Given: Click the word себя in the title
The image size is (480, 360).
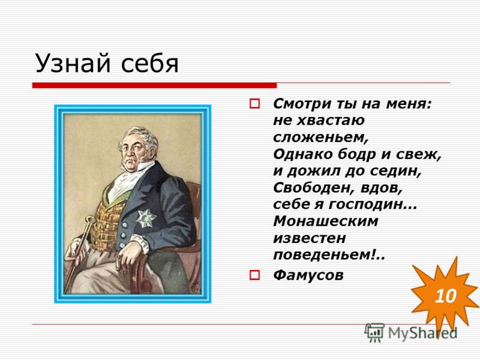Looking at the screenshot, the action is point(149,64).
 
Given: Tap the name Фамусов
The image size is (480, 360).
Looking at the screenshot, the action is point(308,275).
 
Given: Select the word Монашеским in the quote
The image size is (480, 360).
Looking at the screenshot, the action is point(325,221).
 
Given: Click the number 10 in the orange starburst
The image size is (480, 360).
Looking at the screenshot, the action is point(445,296).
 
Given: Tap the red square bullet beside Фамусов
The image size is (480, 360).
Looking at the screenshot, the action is point(254,275).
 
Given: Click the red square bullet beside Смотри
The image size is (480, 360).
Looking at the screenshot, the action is point(254,103).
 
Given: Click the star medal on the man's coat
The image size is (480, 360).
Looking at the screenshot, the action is point(146,218).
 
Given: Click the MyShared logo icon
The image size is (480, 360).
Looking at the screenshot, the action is point(374,332).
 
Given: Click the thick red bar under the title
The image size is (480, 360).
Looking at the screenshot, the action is point(154,85).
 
